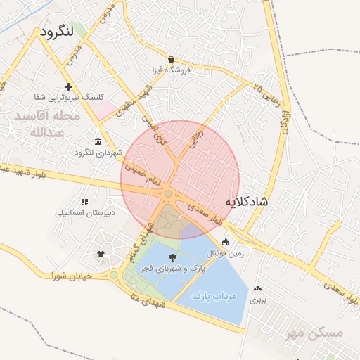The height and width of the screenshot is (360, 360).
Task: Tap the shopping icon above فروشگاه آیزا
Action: click(x=172, y=60)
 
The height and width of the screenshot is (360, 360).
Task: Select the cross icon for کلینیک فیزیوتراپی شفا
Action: click(x=68, y=86)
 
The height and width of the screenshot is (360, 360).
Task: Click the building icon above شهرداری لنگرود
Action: click(x=97, y=142)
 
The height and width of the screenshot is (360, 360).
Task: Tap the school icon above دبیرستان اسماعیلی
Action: click(x=84, y=202)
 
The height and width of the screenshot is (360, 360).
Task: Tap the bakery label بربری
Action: click(x=259, y=300)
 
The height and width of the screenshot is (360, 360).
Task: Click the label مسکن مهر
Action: click(x=315, y=333)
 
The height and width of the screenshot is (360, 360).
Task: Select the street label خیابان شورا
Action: click(x=72, y=276)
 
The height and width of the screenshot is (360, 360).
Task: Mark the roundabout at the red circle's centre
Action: click(x=169, y=193)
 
